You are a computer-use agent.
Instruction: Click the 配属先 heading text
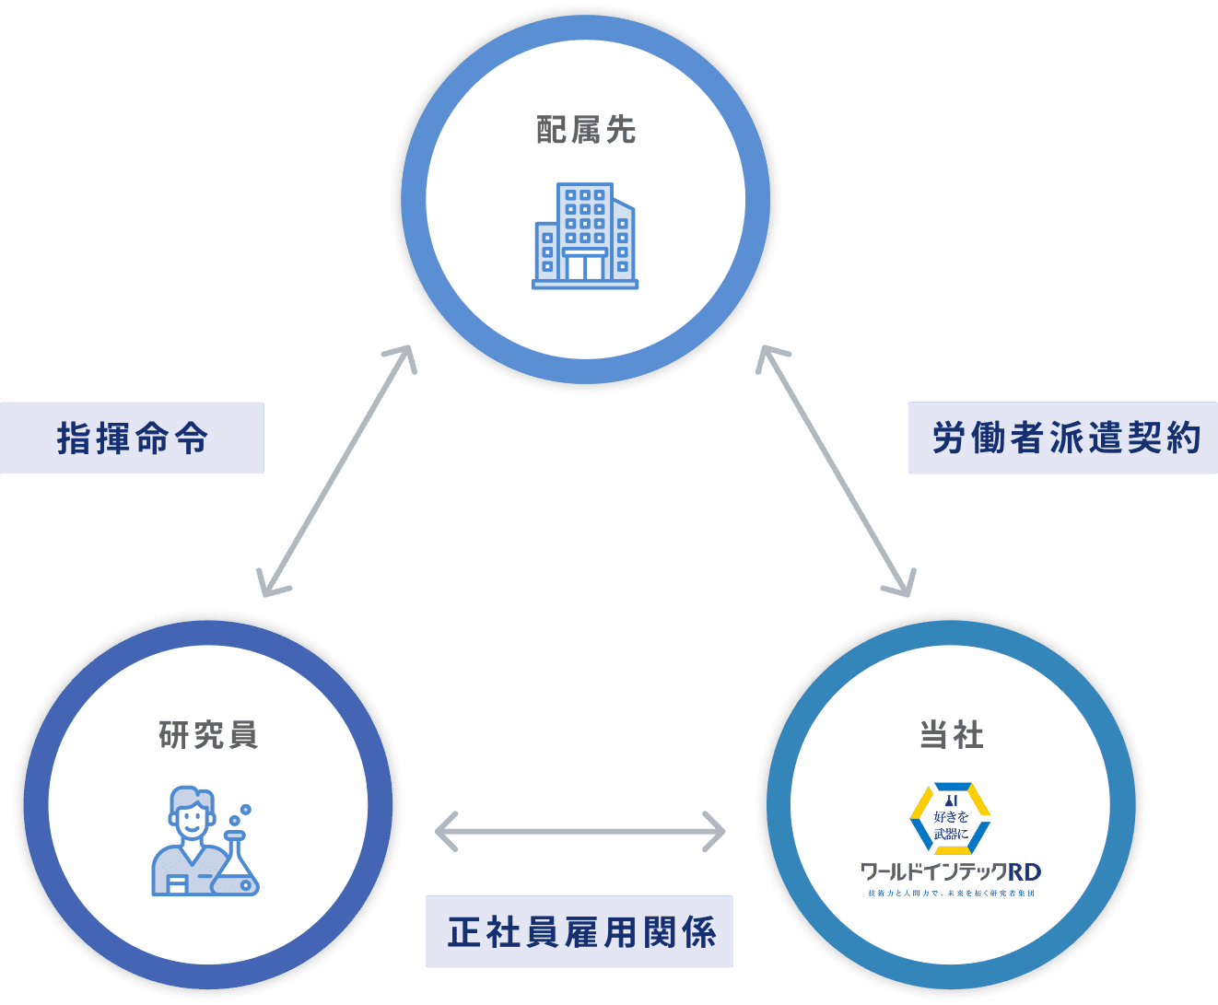pos(586,131)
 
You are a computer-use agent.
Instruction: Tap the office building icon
pos(585,237)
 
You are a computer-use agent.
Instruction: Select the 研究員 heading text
pos(209,735)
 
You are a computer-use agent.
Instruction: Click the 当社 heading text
pos(952,735)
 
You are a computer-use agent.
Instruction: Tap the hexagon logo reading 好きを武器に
pos(951,817)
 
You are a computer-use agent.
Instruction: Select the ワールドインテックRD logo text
pos(951,871)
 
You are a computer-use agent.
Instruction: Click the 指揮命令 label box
pos(132,438)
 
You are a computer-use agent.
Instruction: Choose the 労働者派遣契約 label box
pos(1063,438)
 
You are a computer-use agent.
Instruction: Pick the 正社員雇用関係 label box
pos(580,931)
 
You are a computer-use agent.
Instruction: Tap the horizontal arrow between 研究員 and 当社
pos(580,833)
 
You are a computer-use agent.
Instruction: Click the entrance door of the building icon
pos(585,267)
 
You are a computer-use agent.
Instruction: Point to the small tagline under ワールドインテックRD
pos(951,894)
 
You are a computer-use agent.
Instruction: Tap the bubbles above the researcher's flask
pos(240,815)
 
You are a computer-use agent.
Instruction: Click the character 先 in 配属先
pos(621,131)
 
